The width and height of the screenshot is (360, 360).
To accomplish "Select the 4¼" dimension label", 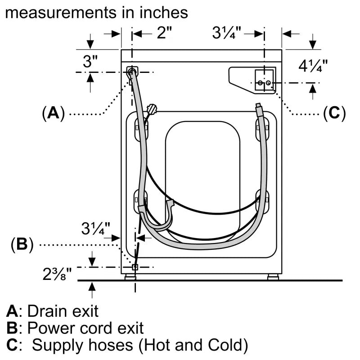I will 313,66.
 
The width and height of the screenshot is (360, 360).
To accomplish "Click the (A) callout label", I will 54,113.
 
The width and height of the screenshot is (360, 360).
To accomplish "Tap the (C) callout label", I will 334,113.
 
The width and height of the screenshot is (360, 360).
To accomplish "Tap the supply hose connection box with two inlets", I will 264,81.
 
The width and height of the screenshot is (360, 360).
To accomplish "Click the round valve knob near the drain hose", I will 152,108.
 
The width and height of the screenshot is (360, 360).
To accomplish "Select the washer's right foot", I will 273,277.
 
